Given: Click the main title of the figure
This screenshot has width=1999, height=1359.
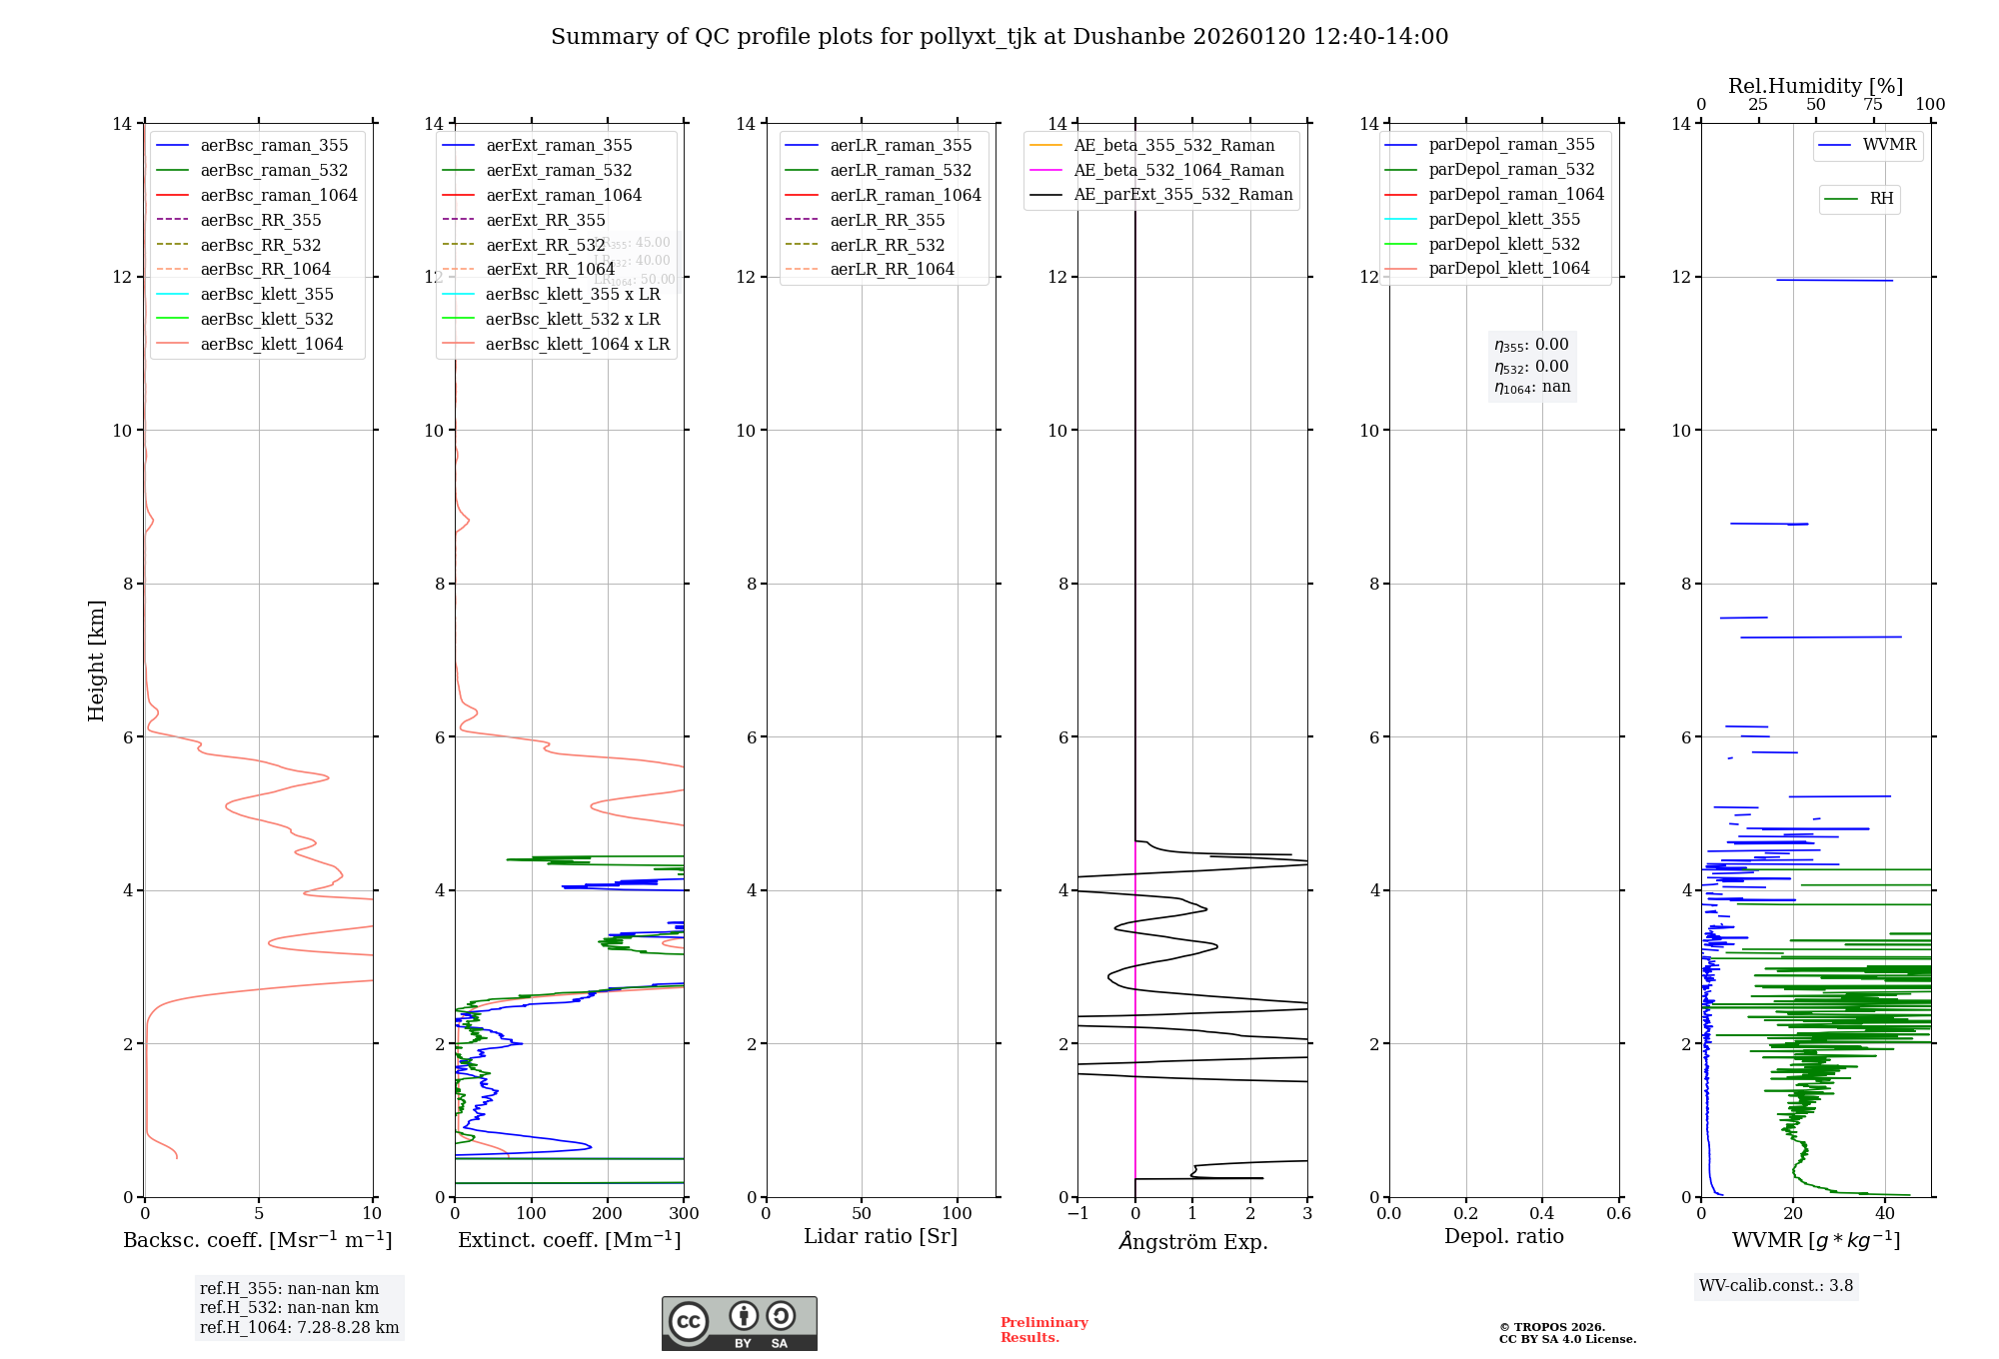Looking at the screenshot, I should tap(999, 37).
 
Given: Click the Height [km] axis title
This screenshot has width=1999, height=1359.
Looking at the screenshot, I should tap(96, 660).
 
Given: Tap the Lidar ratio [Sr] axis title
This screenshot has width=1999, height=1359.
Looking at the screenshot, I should tap(881, 1236).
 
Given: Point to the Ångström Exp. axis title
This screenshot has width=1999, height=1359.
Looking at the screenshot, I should tap(1192, 1241).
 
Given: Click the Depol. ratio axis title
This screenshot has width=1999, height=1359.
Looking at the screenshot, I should tap(1503, 1236).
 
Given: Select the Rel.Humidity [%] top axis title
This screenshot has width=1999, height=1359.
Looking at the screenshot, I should tap(1815, 86).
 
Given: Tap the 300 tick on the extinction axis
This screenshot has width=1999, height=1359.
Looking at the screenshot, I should tap(685, 1214).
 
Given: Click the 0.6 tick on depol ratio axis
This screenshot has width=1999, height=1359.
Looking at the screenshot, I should tap(1618, 1214).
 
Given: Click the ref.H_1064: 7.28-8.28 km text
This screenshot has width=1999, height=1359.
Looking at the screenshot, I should tap(299, 1327).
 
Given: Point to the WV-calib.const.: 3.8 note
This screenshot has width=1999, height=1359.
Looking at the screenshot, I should tap(1776, 1285).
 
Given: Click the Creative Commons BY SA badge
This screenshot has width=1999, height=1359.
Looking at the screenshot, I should tap(739, 1323).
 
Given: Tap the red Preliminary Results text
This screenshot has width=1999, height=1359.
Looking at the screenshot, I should tap(1043, 1330).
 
